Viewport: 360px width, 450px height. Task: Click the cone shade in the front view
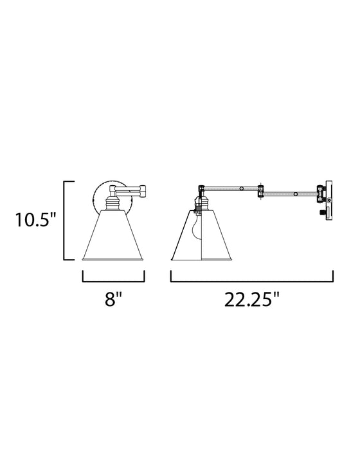pos(114,238)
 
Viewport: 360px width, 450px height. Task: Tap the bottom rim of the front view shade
pos(114,260)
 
